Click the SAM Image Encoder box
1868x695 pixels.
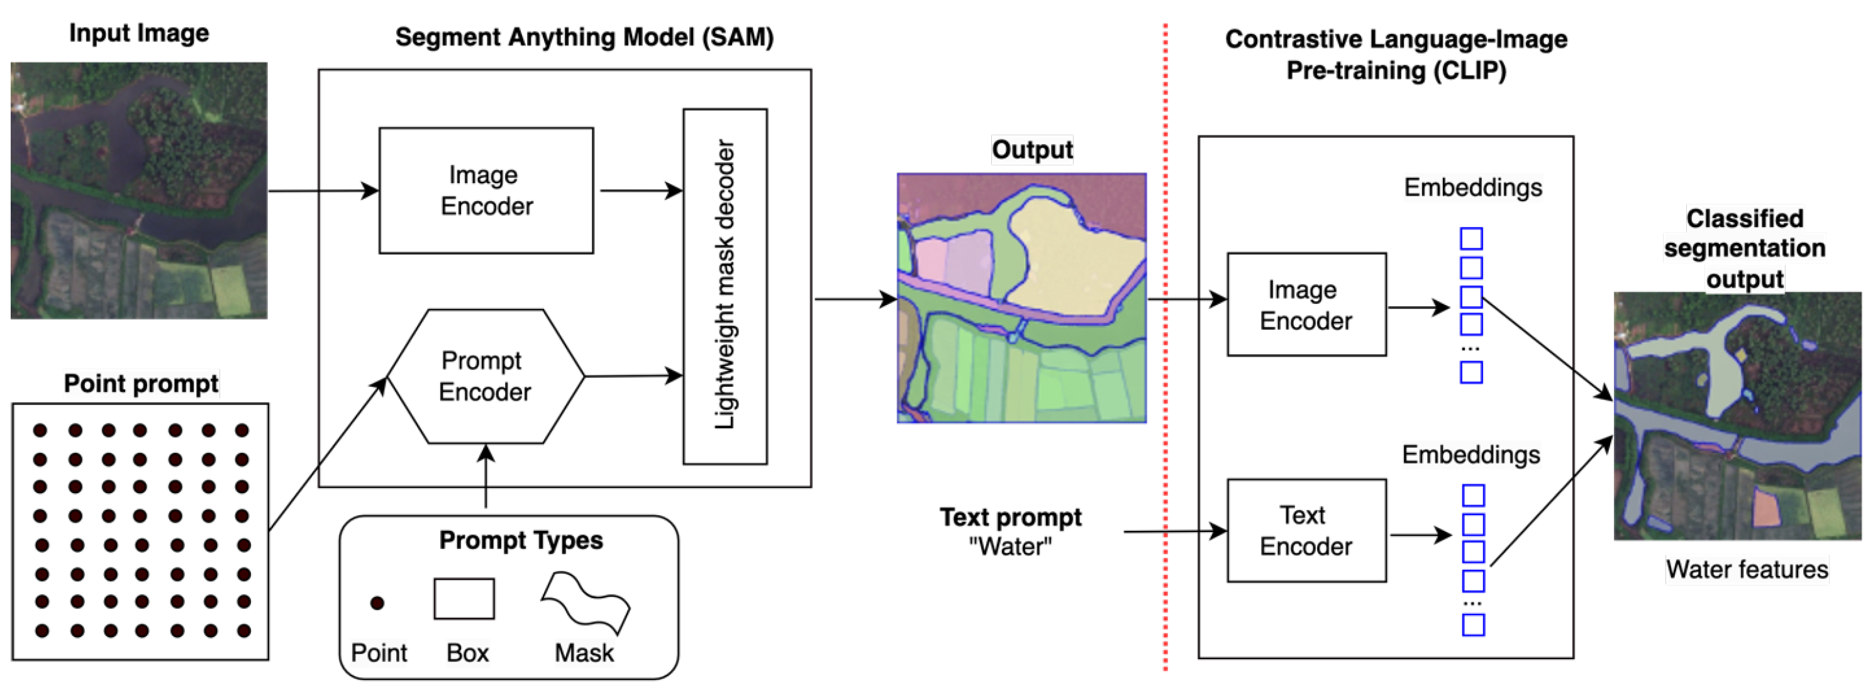click(486, 190)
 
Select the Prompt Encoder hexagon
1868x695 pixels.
click(485, 375)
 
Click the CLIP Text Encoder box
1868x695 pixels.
click(1306, 530)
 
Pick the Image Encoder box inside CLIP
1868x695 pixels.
click(1306, 304)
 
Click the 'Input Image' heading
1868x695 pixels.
click(139, 33)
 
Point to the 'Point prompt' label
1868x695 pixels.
click(141, 383)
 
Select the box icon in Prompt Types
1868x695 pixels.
click(464, 599)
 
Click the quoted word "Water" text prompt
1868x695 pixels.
click(1010, 547)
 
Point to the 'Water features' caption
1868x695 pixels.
click(1746, 569)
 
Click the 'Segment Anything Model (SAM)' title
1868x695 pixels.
click(584, 37)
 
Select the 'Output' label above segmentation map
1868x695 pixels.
click(1032, 150)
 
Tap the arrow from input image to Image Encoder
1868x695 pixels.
click(323, 191)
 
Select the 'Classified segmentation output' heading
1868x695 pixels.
click(1744, 248)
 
